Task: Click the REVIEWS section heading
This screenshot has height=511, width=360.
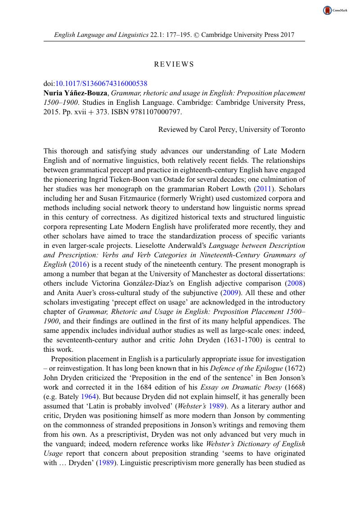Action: [x=174, y=64]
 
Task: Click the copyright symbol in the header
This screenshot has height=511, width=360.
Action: [x=196, y=34]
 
